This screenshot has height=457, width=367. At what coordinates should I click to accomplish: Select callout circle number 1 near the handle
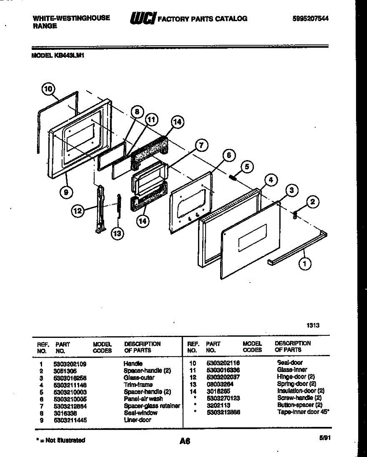pyautogui.click(x=304, y=263)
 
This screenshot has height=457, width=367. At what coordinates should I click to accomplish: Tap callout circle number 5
pyautogui.click(x=247, y=166)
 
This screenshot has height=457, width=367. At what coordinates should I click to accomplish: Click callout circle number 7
pyautogui.click(x=201, y=145)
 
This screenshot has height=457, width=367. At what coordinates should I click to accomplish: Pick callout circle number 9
pyautogui.click(x=66, y=192)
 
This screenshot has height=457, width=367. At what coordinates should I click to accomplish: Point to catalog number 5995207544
pyautogui.click(x=311, y=19)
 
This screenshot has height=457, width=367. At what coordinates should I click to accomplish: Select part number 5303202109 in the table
pyautogui.click(x=70, y=364)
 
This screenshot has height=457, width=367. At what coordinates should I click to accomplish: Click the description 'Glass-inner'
pyautogui.click(x=292, y=370)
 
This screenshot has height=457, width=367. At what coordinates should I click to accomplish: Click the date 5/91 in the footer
pyautogui.click(x=325, y=439)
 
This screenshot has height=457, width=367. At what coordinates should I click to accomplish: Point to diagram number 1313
pyautogui.click(x=313, y=325)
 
